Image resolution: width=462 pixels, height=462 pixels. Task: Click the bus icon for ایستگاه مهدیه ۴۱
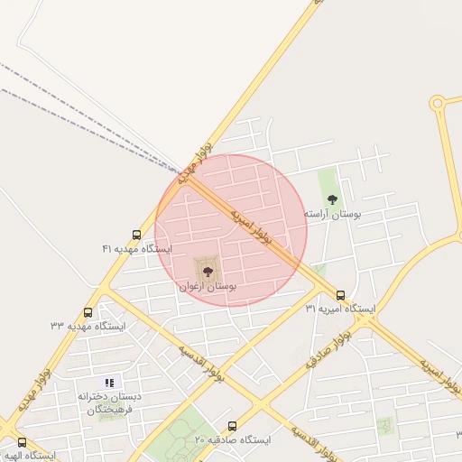[136, 235]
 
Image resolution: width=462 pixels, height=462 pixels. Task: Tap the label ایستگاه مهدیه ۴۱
[137, 248]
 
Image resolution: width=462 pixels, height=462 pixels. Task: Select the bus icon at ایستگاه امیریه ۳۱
[340, 295]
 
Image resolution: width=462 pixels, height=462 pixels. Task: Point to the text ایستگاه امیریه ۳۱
[340, 309]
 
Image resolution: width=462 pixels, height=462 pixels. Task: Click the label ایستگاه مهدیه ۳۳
[88, 324]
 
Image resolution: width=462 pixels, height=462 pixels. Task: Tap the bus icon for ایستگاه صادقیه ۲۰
[232, 426]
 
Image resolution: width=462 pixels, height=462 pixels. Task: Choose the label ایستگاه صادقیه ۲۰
[233, 439]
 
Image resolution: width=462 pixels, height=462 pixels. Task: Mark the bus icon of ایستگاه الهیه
[22, 442]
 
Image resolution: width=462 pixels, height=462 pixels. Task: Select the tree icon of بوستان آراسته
[332, 199]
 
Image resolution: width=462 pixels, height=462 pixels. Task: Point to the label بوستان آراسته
[332, 214]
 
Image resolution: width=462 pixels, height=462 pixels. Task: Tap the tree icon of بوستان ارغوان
[208, 271]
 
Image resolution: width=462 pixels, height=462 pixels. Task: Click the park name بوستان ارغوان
[208, 285]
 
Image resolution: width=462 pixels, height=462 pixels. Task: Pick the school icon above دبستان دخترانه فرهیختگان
[110, 383]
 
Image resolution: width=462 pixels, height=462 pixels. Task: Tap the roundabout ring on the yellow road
[438, 103]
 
